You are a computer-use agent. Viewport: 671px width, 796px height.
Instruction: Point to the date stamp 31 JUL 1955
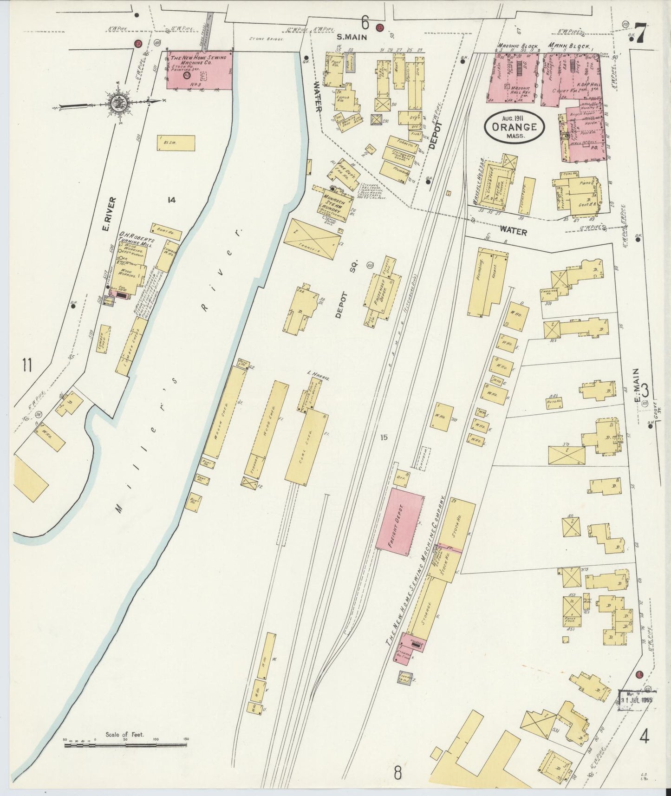[637, 698]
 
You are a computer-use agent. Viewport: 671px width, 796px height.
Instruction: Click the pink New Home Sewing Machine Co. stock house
[200, 70]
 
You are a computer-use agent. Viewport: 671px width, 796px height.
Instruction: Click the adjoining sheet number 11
[26, 365]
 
